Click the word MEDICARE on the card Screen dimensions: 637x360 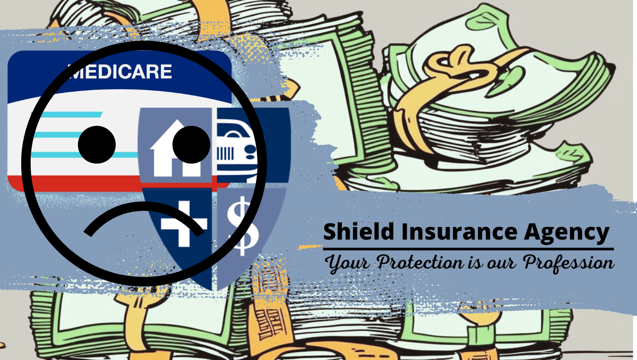click(120, 71)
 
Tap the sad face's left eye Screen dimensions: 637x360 click(97, 145)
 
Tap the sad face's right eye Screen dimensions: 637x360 click(191, 145)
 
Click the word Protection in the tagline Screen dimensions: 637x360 click(420, 262)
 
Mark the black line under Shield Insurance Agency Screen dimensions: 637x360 click(468, 249)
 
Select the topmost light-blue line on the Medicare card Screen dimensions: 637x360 click(67, 115)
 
